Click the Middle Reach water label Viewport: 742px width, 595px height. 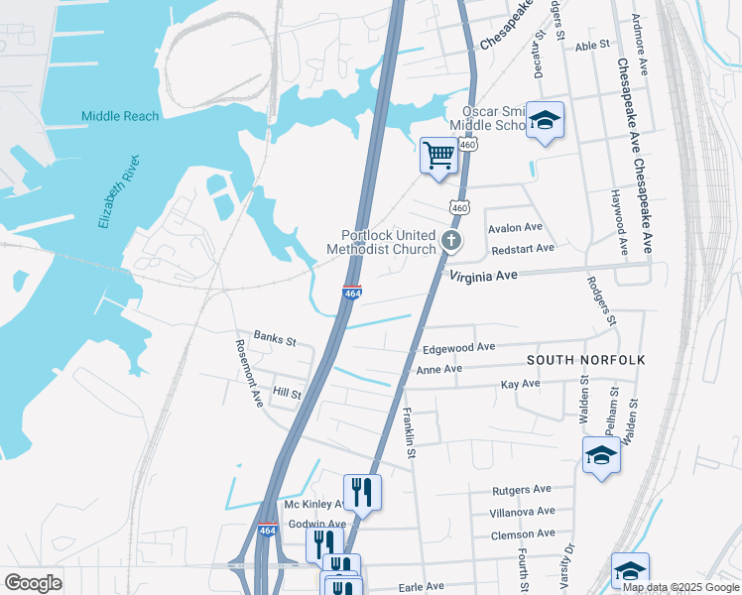coord(120,116)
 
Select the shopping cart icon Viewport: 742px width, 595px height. coord(438,155)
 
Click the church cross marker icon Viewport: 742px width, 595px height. coord(451,241)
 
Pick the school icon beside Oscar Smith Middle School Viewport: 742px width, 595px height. coord(544,120)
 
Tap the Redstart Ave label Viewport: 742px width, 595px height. coord(522,248)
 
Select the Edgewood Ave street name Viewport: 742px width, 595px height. coord(458,348)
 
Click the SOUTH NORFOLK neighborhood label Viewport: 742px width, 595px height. coord(586,359)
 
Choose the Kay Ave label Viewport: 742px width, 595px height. coord(520,384)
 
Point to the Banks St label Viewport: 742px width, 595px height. coord(275,340)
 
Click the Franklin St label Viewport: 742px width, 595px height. coord(407,430)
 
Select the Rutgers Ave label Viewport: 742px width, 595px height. coord(522,490)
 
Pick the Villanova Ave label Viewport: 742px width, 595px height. coord(523,512)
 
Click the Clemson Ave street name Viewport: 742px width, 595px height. coord(522,534)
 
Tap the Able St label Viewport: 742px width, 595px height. coord(591,46)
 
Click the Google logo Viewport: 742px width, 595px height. coord(33,583)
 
